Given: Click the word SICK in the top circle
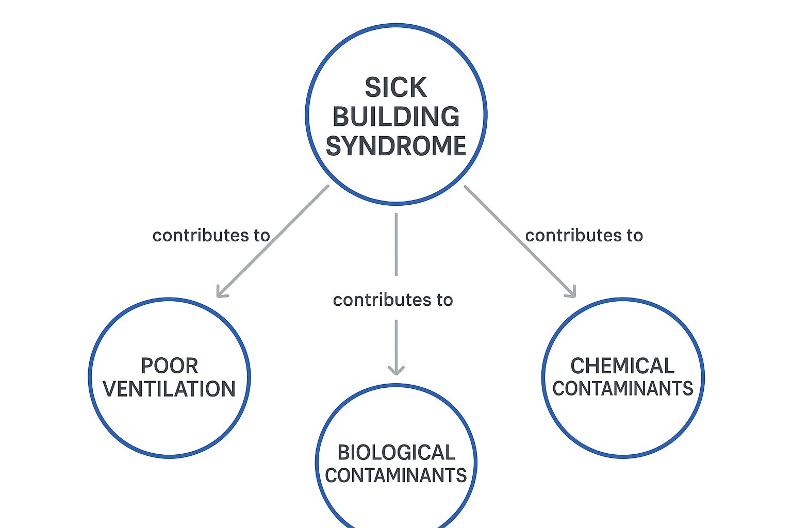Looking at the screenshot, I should [x=395, y=88].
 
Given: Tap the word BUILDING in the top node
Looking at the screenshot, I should [x=395, y=117].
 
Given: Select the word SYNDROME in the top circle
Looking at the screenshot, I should [x=395, y=146].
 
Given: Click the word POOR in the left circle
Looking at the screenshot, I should [x=169, y=366].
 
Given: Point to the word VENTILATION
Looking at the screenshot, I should [x=169, y=389].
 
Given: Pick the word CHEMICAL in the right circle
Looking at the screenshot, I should [x=622, y=366].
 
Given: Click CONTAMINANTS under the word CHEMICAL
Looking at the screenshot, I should [x=622, y=388].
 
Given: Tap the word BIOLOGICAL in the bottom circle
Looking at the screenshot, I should [x=396, y=452].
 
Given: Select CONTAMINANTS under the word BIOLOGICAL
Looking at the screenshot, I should [x=396, y=475].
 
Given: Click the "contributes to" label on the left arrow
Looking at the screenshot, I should [x=211, y=235].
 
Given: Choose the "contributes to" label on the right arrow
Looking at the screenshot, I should [x=584, y=235].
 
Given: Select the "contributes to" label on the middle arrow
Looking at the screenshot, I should [x=393, y=300].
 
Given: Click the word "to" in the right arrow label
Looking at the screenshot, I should [x=635, y=235].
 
